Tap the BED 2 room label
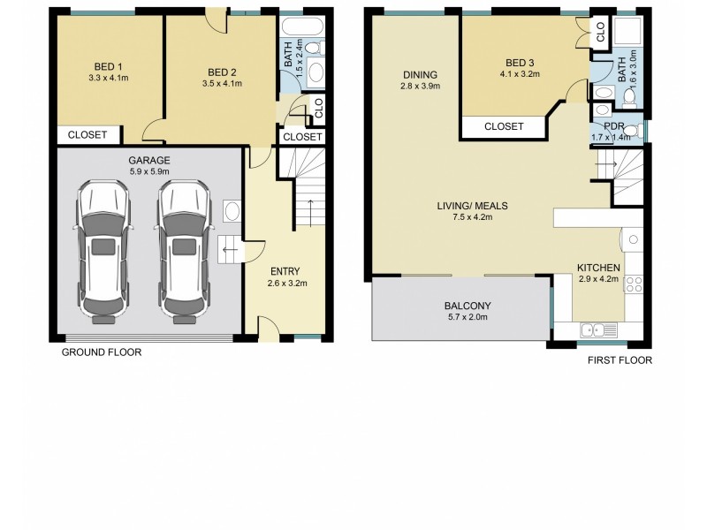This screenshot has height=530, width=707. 222,72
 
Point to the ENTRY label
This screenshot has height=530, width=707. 285,271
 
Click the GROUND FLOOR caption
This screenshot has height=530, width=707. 101,352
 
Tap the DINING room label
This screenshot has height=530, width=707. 421,74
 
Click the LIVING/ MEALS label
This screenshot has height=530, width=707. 472,206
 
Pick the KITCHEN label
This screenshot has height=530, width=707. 598,268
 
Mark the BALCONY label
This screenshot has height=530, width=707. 468,307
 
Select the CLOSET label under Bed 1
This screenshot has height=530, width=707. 87,135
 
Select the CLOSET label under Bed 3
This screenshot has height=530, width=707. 504,127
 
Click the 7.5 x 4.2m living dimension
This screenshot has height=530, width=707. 472,217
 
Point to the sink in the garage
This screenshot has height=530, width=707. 231,212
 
